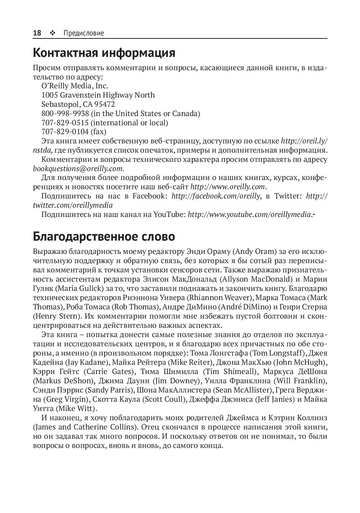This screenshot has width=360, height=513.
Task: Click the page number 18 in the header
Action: click(37, 33)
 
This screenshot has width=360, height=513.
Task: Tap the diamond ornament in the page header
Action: click(52, 33)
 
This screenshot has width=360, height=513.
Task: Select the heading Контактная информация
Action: click(104, 53)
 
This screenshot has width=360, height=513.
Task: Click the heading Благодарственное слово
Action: click(104, 236)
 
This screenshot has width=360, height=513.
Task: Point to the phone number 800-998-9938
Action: click(65, 113)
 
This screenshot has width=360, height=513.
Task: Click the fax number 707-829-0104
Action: click(65, 132)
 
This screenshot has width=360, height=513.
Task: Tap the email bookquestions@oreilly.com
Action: click(78, 169)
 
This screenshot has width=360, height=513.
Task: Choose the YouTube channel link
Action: click(249, 214)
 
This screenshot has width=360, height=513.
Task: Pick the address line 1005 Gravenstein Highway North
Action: click(98, 95)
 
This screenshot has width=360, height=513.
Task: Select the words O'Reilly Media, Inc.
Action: click(75, 86)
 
